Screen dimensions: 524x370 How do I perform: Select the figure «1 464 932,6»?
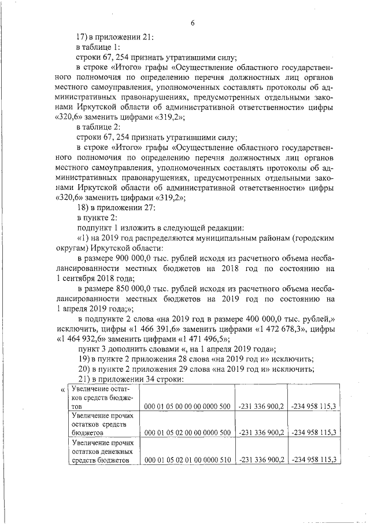[x=82, y=339]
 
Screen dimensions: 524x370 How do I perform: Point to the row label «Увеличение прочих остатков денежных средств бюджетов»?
[x=102, y=450]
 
